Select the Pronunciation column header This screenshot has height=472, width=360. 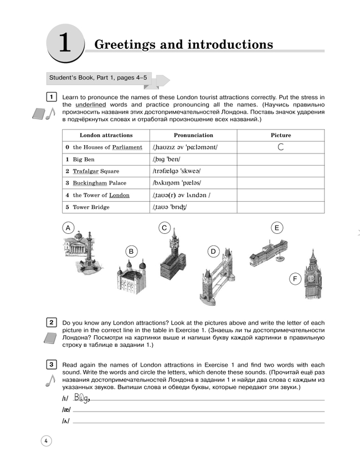193,135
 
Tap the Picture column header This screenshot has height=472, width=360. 281,135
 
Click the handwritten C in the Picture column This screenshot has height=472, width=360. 281,147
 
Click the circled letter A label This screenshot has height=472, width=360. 68,228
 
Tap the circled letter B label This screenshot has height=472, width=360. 131,252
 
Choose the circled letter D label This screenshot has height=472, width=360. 212,252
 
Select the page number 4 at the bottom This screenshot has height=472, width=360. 45,441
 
